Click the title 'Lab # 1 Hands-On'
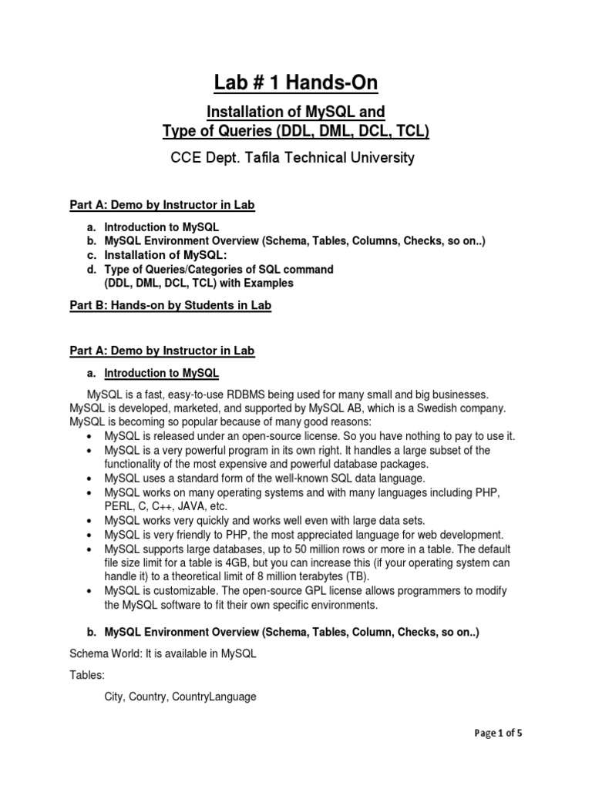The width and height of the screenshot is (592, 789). point(296,83)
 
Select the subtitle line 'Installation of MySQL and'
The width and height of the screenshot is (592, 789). point(296,113)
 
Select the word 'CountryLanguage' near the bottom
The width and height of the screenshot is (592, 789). point(216,697)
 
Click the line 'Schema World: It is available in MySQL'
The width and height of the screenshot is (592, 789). point(163,653)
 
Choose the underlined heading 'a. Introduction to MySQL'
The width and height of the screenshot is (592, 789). point(153,374)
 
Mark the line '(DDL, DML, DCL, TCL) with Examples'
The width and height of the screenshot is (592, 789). point(199,283)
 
